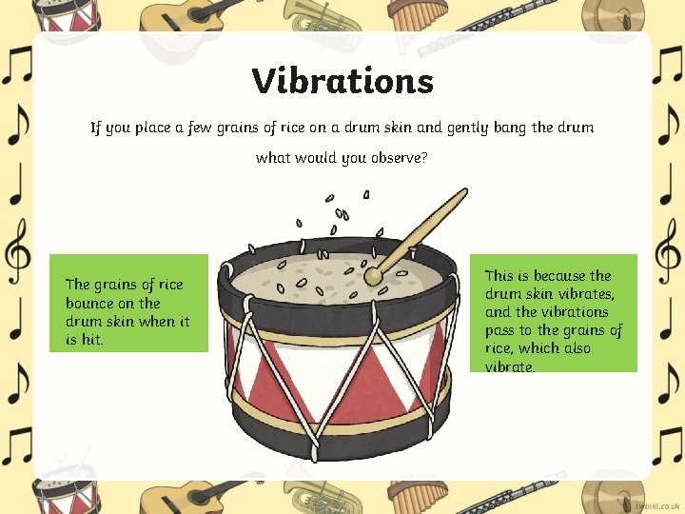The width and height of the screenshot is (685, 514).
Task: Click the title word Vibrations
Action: coord(342,81)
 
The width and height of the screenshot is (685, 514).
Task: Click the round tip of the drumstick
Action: coord(374,276)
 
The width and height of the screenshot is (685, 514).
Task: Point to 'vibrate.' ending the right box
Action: coord(510,366)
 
